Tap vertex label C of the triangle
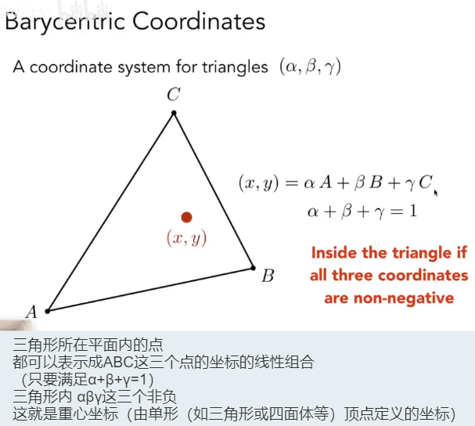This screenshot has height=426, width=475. [x=174, y=96]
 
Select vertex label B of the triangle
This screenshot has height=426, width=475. [x=268, y=276]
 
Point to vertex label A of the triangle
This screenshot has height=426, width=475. [x=32, y=312]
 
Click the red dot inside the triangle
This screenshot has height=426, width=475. [x=186, y=217]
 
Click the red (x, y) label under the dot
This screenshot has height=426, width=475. [x=187, y=238]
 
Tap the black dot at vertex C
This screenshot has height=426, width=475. [x=174, y=114]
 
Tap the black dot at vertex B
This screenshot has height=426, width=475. [x=253, y=267]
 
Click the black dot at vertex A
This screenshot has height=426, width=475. [x=48, y=311]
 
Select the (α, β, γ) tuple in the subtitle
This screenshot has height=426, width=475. [x=309, y=67]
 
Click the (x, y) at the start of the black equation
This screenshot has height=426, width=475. [x=257, y=184]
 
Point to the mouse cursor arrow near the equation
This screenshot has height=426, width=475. [x=435, y=192]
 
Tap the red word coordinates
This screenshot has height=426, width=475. [x=423, y=276]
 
